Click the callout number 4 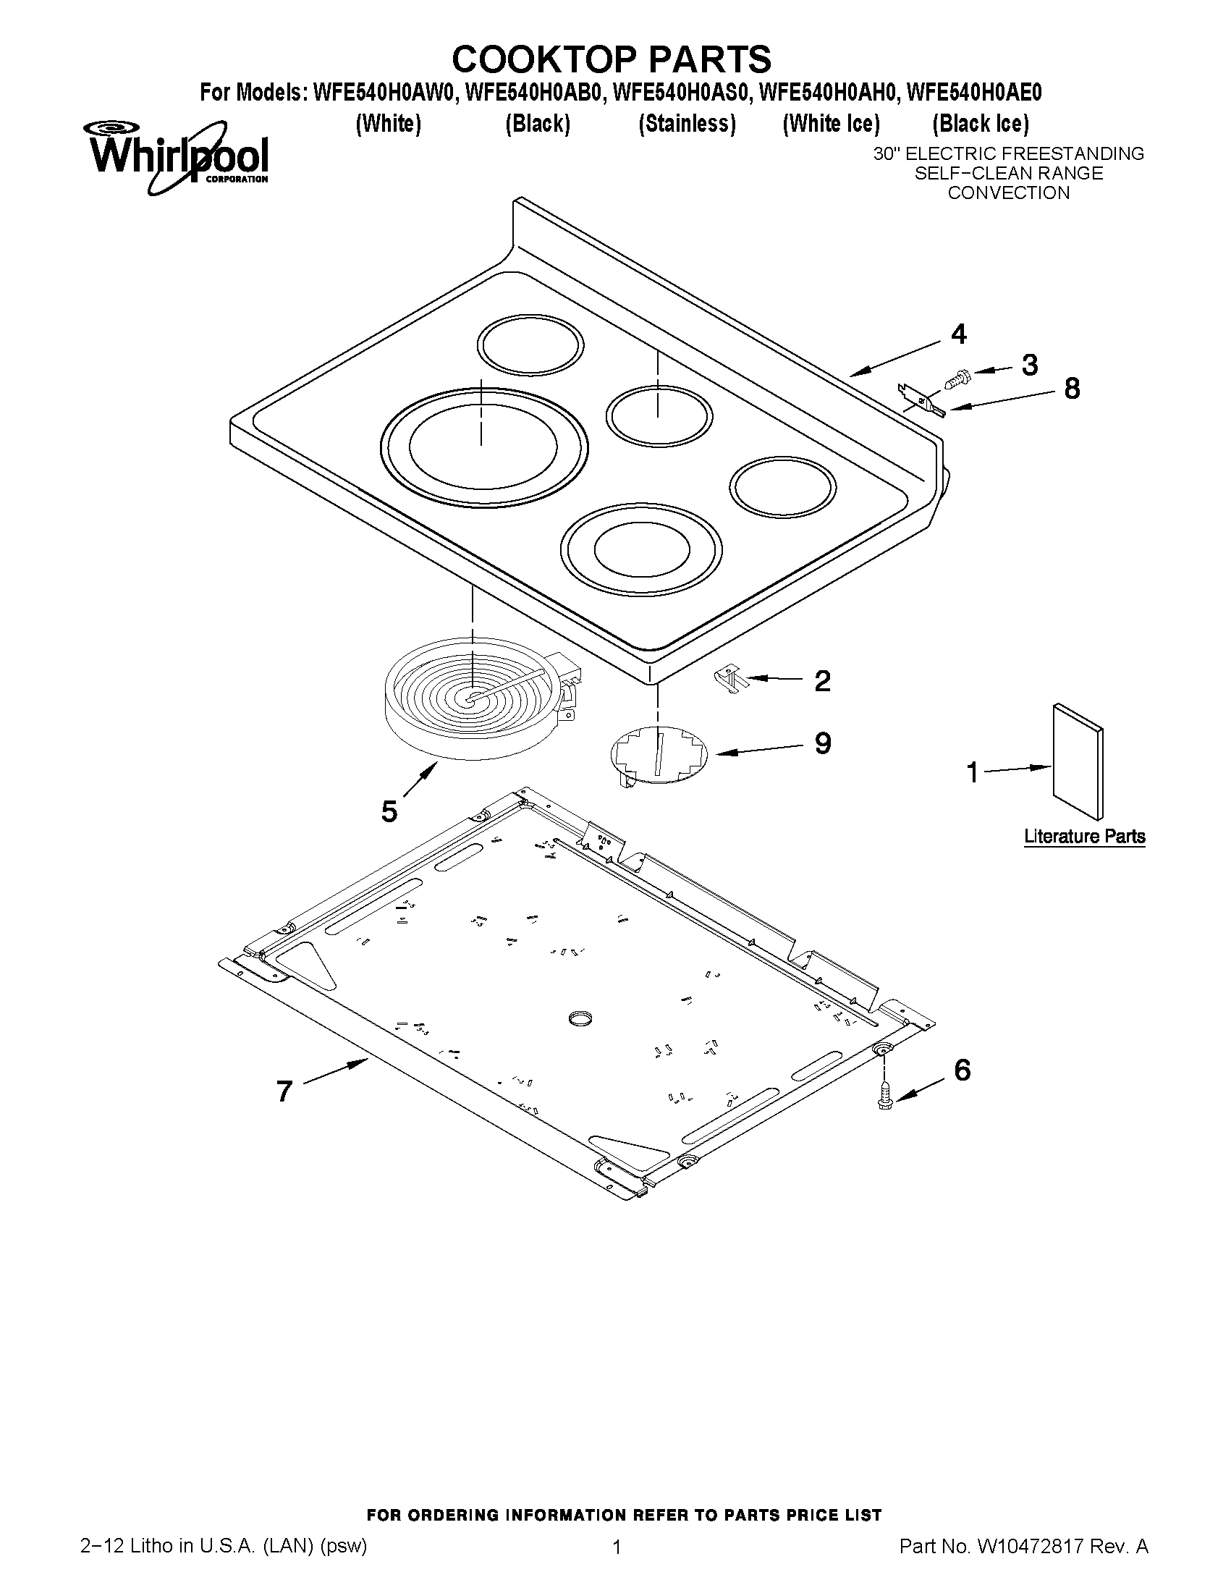coord(958,335)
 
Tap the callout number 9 coord(823,743)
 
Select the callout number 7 coord(284,1092)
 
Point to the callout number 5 coord(389,811)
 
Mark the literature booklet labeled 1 coord(1077,761)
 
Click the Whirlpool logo coord(179,156)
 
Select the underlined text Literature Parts coord(1083,836)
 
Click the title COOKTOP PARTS coord(611,59)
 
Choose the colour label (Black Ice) coord(980,124)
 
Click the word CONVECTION coord(1008,193)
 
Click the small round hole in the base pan coord(580,1018)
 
